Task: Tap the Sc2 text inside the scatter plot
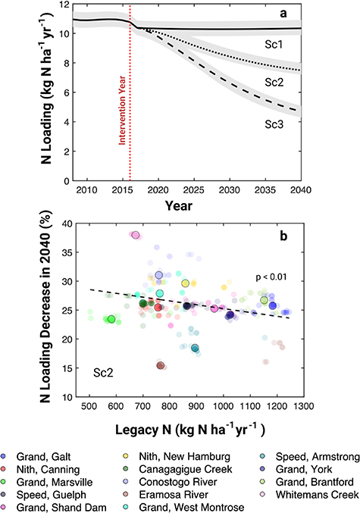[104, 373]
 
